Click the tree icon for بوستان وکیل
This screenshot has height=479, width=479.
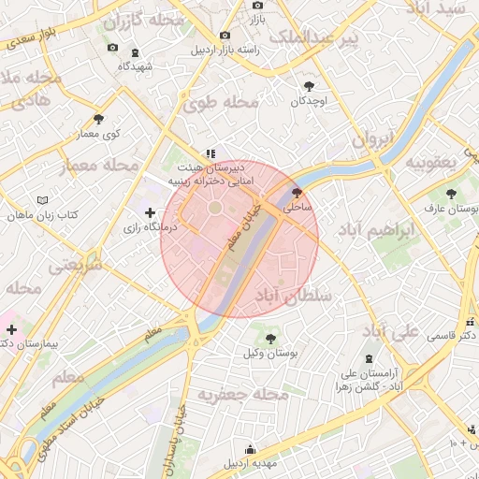tap(270, 338)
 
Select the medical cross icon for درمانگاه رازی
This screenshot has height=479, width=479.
tap(150, 213)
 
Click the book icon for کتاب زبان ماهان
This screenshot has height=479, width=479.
tap(42, 200)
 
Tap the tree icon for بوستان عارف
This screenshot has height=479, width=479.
tap(451, 195)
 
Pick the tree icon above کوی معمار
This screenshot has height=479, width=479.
tap(98, 119)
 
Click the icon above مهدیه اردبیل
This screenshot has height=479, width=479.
tap(250, 449)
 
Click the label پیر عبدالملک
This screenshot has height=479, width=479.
tap(313, 38)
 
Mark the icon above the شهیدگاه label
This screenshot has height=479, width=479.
tap(136, 51)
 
